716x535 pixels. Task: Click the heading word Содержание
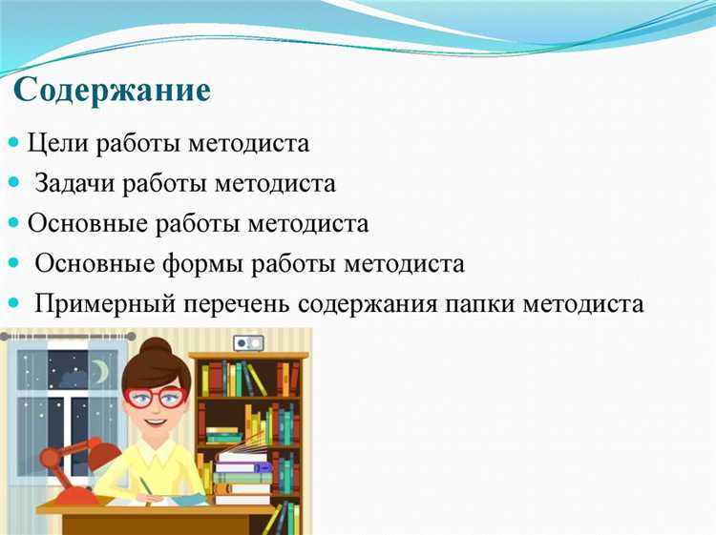pos(113,91)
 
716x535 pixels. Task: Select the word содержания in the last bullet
pos(373,304)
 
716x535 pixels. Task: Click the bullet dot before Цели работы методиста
pos(13,142)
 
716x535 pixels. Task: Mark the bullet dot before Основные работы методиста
pos(13,222)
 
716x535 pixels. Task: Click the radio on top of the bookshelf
pos(249,342)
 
